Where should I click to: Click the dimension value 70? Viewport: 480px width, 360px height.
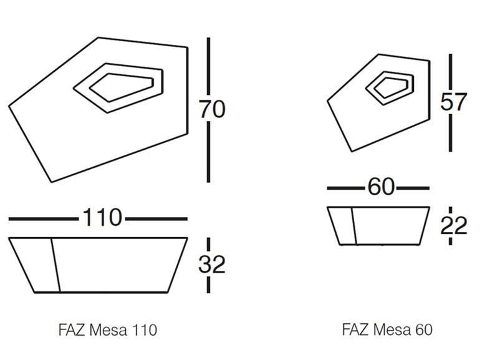click(212, 109)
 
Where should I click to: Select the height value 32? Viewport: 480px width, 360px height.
click(212, 265)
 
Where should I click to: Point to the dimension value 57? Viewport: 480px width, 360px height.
click(453, 102)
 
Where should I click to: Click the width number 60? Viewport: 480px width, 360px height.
click(381, 187)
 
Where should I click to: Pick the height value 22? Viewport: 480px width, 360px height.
click(453, 225)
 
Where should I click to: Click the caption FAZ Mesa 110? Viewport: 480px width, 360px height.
click(108, 329)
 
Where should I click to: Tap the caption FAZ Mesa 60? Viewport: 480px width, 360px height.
click(386, 329)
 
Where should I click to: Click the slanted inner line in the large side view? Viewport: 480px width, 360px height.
click(55, 265)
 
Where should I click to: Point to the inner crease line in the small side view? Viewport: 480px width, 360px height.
click(353, 226)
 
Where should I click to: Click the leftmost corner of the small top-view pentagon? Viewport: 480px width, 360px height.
click(329, 100)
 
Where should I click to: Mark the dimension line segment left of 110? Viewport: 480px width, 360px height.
click(44, 219)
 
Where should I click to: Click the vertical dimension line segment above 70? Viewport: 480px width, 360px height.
click(208, 66)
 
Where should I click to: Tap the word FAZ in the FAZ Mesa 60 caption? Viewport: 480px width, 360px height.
click(354, 329)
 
